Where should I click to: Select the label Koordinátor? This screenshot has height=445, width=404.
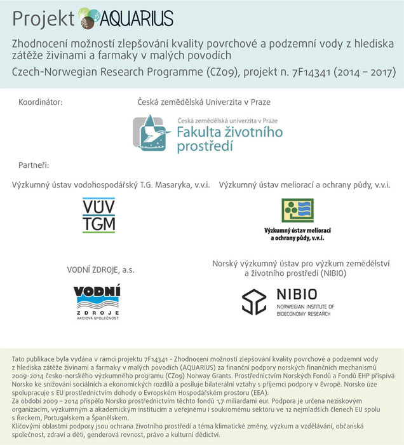41,102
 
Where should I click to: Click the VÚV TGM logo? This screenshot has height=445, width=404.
98,216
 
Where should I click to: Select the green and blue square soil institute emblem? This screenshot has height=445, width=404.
297,210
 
